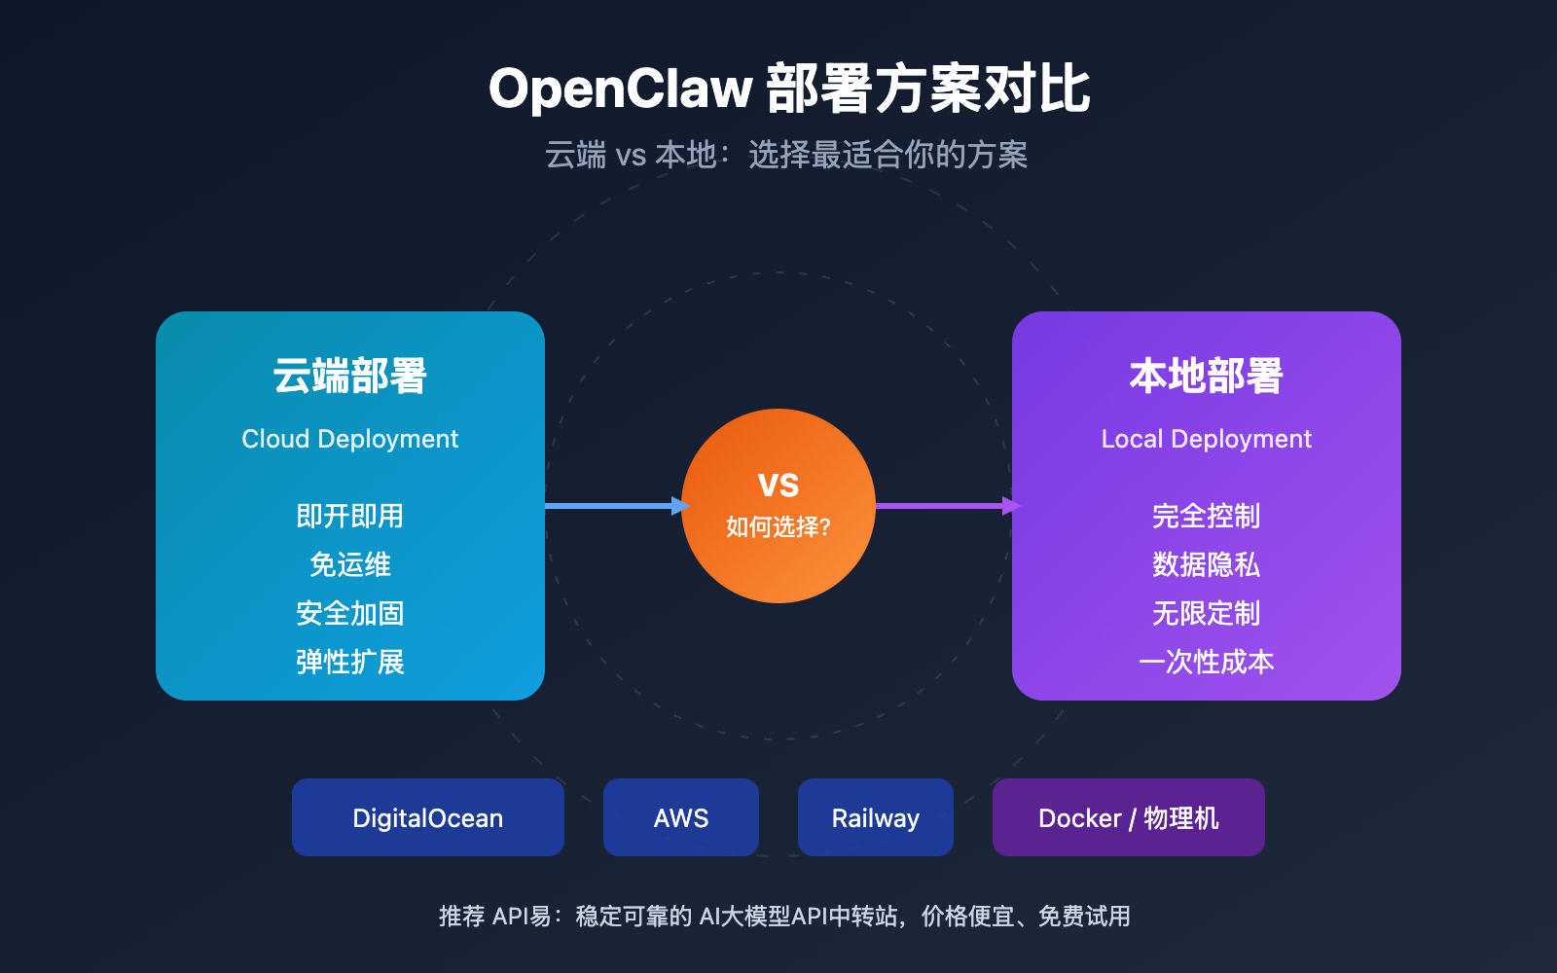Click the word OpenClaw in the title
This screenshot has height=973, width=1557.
point(620,89)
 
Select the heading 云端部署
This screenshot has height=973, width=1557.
point(350,377)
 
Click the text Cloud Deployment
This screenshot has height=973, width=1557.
point(350,439)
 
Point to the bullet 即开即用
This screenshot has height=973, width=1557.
point(350,516)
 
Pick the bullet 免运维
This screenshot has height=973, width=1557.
point(350,564)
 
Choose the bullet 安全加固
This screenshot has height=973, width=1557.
point(350,613)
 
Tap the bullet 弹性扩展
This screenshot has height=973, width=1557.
point(350,662)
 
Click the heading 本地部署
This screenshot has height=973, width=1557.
point(1207,377)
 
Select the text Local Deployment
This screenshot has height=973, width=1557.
point(1207,439)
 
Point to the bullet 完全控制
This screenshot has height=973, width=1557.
point(1207,516)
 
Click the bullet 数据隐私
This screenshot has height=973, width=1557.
point(1207,564)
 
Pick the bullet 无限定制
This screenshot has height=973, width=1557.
point(1207,613)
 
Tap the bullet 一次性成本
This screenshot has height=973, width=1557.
point(1207,662)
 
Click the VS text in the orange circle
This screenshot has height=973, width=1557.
point(778,486)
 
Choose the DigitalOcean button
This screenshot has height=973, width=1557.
point(428,817)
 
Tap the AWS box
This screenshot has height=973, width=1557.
point(681,817)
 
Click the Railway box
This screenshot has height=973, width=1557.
point(876,817)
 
